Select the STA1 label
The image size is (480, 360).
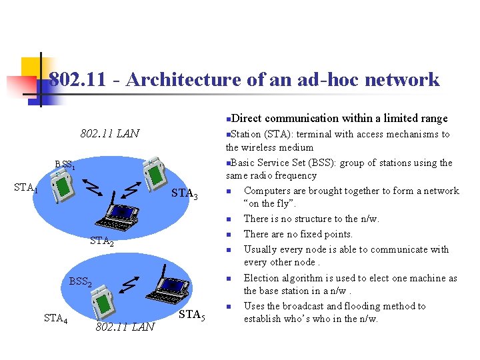(x=26, y=188)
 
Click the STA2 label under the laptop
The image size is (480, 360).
(x=102, y=241)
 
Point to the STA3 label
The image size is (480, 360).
(x=185, y=195)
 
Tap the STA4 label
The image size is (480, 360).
(x=55, y=319)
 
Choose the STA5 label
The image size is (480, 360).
(x=191, y=315)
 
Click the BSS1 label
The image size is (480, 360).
(x=65, y=165)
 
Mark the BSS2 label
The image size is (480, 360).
(x=80, y=281)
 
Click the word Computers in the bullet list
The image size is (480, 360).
(x=269, y=191)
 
